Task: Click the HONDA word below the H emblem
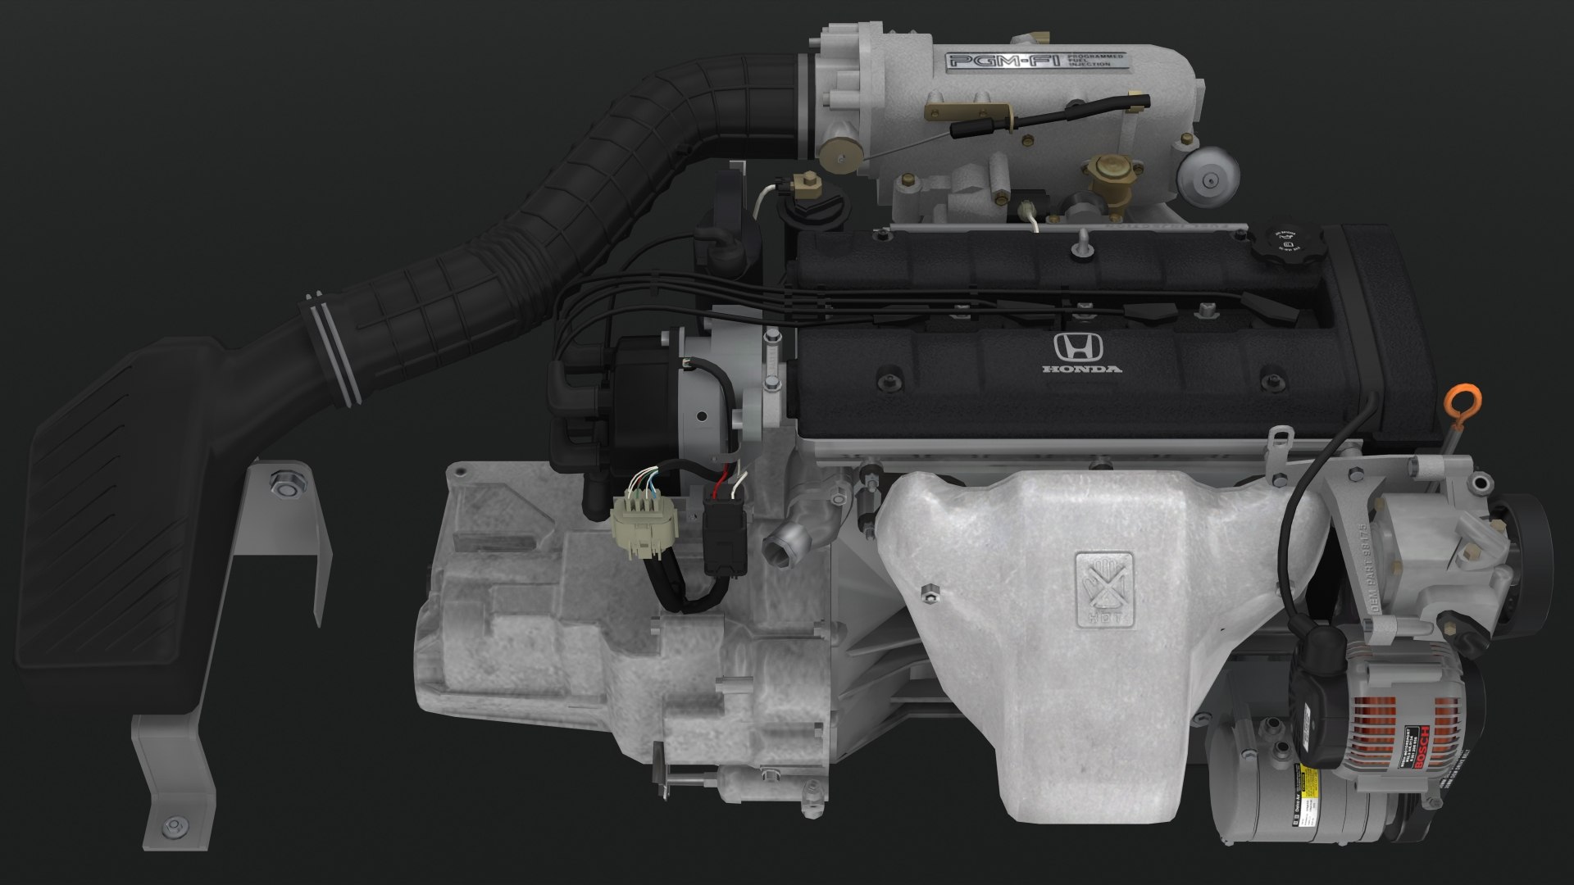(1081, 370)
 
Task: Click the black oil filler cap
(1283, 243)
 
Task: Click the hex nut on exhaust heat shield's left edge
(929, 592)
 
